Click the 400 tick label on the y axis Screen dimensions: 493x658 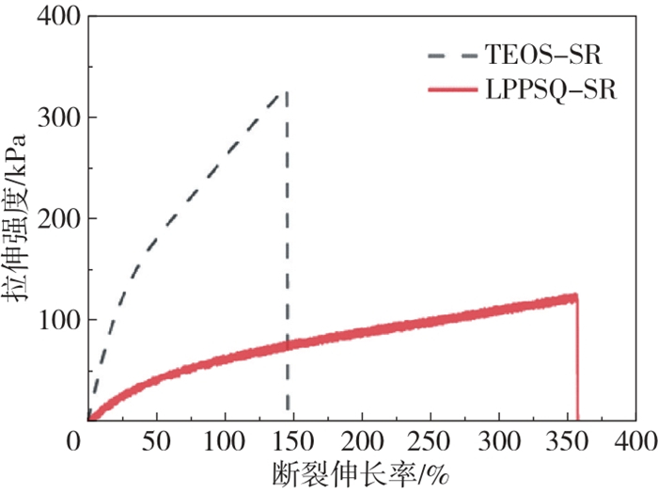56,18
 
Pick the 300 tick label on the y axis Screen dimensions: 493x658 56,118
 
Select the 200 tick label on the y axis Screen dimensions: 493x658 56,219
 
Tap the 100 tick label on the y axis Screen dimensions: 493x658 56,320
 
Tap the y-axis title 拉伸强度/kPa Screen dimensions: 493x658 19,218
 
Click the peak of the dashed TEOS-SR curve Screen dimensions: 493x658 286,92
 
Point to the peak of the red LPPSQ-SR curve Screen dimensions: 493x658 575,296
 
